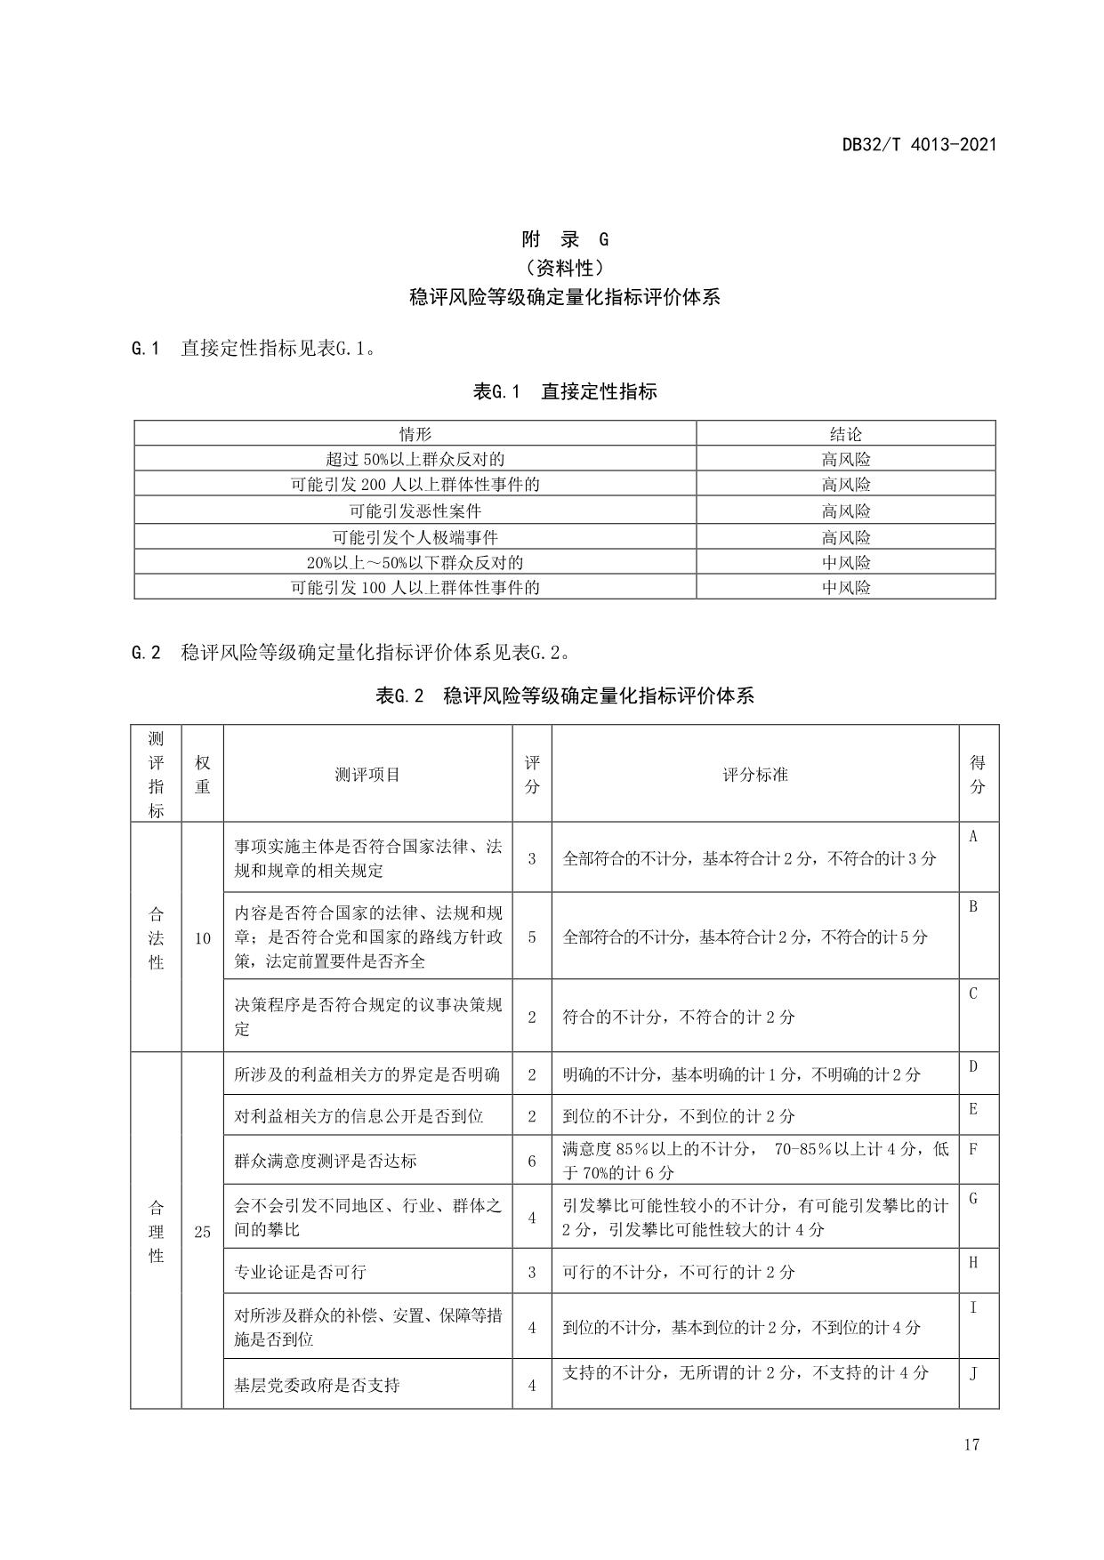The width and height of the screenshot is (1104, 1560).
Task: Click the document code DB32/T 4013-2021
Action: [x=919, y=144]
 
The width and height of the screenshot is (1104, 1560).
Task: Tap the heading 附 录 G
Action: [x=565, y=239]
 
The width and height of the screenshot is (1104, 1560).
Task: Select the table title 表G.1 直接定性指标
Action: [x=565, y=391]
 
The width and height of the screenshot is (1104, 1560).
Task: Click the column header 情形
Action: [x=415, y=434]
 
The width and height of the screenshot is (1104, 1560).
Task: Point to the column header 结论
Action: [x=845, y=434]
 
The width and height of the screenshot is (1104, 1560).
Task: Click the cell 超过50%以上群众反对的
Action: [x=415, y=459]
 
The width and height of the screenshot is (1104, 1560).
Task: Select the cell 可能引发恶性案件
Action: [x=415, y=511]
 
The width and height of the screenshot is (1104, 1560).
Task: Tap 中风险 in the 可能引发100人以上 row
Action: [x=845, y=587]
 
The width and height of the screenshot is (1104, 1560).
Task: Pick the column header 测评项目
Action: [x=367, y=775]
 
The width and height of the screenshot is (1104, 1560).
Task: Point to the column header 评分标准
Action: [x=754, y=775]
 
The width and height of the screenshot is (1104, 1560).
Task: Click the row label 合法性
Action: [x=157, y=937]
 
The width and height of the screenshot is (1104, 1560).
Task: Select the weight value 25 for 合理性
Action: [x=202, y=1231]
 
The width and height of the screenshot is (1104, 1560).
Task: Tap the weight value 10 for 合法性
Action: [x=202, y=937]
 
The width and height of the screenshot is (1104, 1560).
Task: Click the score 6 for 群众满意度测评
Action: [x=532, y=1161]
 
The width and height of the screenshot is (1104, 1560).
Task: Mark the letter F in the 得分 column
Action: [x=973, y=1148]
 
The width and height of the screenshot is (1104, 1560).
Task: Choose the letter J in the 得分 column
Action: [x=973, y=1373]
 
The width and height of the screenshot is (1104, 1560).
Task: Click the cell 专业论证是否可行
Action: [x=300, y=1272]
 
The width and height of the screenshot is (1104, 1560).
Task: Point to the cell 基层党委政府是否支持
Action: [x=317, y=1385]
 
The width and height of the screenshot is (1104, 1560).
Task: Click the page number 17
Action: [x=971, y=1443]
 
